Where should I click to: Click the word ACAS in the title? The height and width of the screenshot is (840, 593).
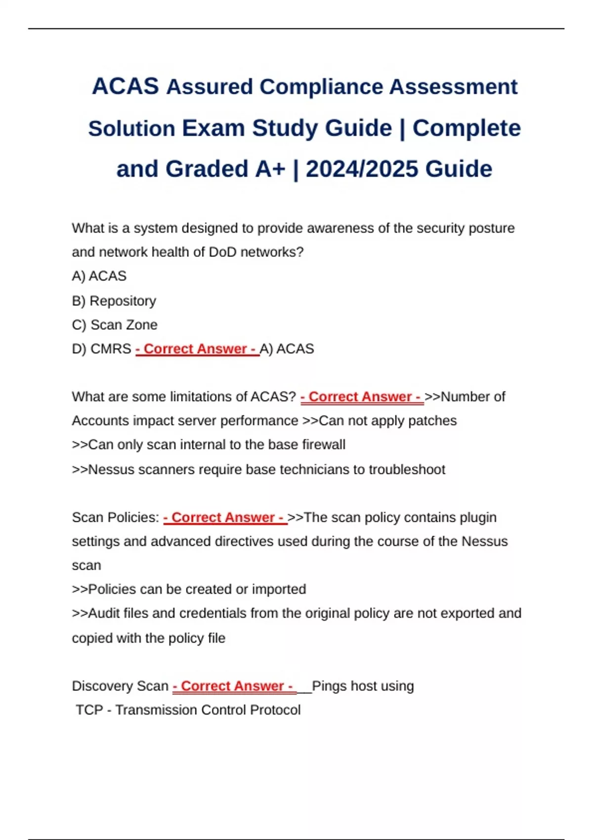tap(126, 86)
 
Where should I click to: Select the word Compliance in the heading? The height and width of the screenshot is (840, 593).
tap(321, 87)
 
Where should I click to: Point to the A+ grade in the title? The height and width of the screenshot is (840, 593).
tap(270, 169)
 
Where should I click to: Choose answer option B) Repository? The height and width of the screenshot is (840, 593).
tap(114, 301)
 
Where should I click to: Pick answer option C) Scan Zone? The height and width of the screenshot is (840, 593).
tap(115, 325)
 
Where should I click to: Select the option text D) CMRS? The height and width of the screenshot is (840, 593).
tap(101, 349)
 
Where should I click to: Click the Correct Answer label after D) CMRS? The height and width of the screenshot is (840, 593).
tap(197, 349)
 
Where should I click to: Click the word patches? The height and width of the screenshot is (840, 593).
tap(434, 421)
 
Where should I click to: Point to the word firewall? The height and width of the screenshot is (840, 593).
tap(324, 445)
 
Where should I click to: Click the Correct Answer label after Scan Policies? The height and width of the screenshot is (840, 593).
tap(225, 517)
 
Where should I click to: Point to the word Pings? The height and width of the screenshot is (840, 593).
tap(329, 686)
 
